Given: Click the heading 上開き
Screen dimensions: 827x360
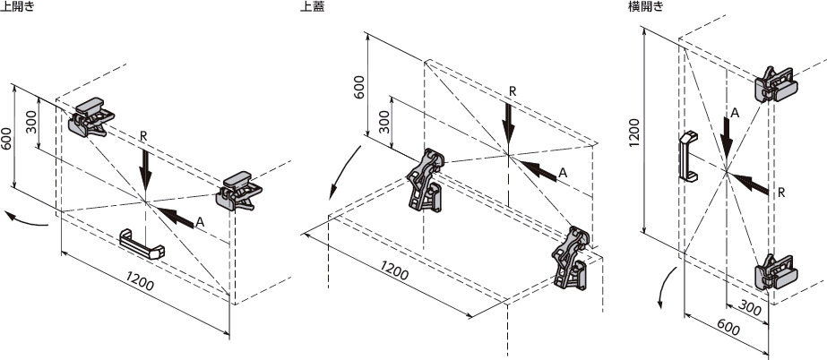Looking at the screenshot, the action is tap(17, 7).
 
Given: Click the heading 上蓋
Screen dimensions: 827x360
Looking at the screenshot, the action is tap(311, 7).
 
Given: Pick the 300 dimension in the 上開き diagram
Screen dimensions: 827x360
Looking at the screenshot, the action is tap(31, 122).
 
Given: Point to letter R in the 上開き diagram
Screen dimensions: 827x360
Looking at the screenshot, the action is tap(143, 136).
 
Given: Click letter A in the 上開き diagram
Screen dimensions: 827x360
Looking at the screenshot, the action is tap(200, 222).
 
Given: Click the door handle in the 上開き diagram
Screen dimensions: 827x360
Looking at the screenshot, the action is tap(142, 244).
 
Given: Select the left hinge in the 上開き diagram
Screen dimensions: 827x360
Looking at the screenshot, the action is tap(90, 117).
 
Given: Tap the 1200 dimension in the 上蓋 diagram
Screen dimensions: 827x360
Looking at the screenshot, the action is tap(394, 270).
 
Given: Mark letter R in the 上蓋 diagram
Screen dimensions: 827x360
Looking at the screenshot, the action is tap(513, 90).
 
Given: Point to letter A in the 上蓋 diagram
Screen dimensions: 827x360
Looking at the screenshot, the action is tap(562, 172).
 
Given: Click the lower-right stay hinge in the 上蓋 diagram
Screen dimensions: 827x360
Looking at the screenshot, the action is tap(570, 258).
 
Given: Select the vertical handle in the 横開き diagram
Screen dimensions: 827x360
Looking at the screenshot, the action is tap(688, 157).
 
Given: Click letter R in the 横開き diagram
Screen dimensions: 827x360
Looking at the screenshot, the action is tap(781, 193).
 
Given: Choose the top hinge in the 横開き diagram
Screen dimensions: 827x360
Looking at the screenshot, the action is tap(776, 84).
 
